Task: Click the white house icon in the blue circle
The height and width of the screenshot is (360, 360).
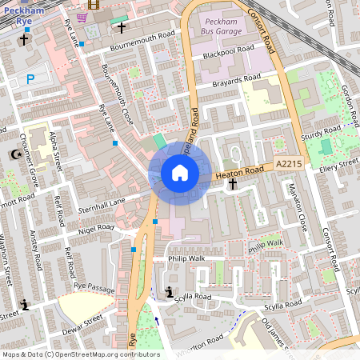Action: click(180, 172)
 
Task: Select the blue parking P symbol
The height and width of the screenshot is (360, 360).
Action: click(30, 79)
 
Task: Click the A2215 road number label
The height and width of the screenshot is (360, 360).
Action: click(289, 163)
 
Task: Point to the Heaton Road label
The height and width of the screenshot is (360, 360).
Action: click(242, 170)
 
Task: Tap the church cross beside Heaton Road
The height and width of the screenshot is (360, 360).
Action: click(233, 185)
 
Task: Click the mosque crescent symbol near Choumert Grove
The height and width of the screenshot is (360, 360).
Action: click(12, 154)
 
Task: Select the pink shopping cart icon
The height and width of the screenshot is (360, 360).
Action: click(82, 17)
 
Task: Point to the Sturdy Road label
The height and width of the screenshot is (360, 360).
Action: click(322, 131)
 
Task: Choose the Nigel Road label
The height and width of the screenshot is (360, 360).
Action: click(96, 230)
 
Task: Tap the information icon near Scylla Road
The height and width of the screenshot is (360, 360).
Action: click(169, 293)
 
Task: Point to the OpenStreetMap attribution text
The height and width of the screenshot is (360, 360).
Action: click(80, 354)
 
